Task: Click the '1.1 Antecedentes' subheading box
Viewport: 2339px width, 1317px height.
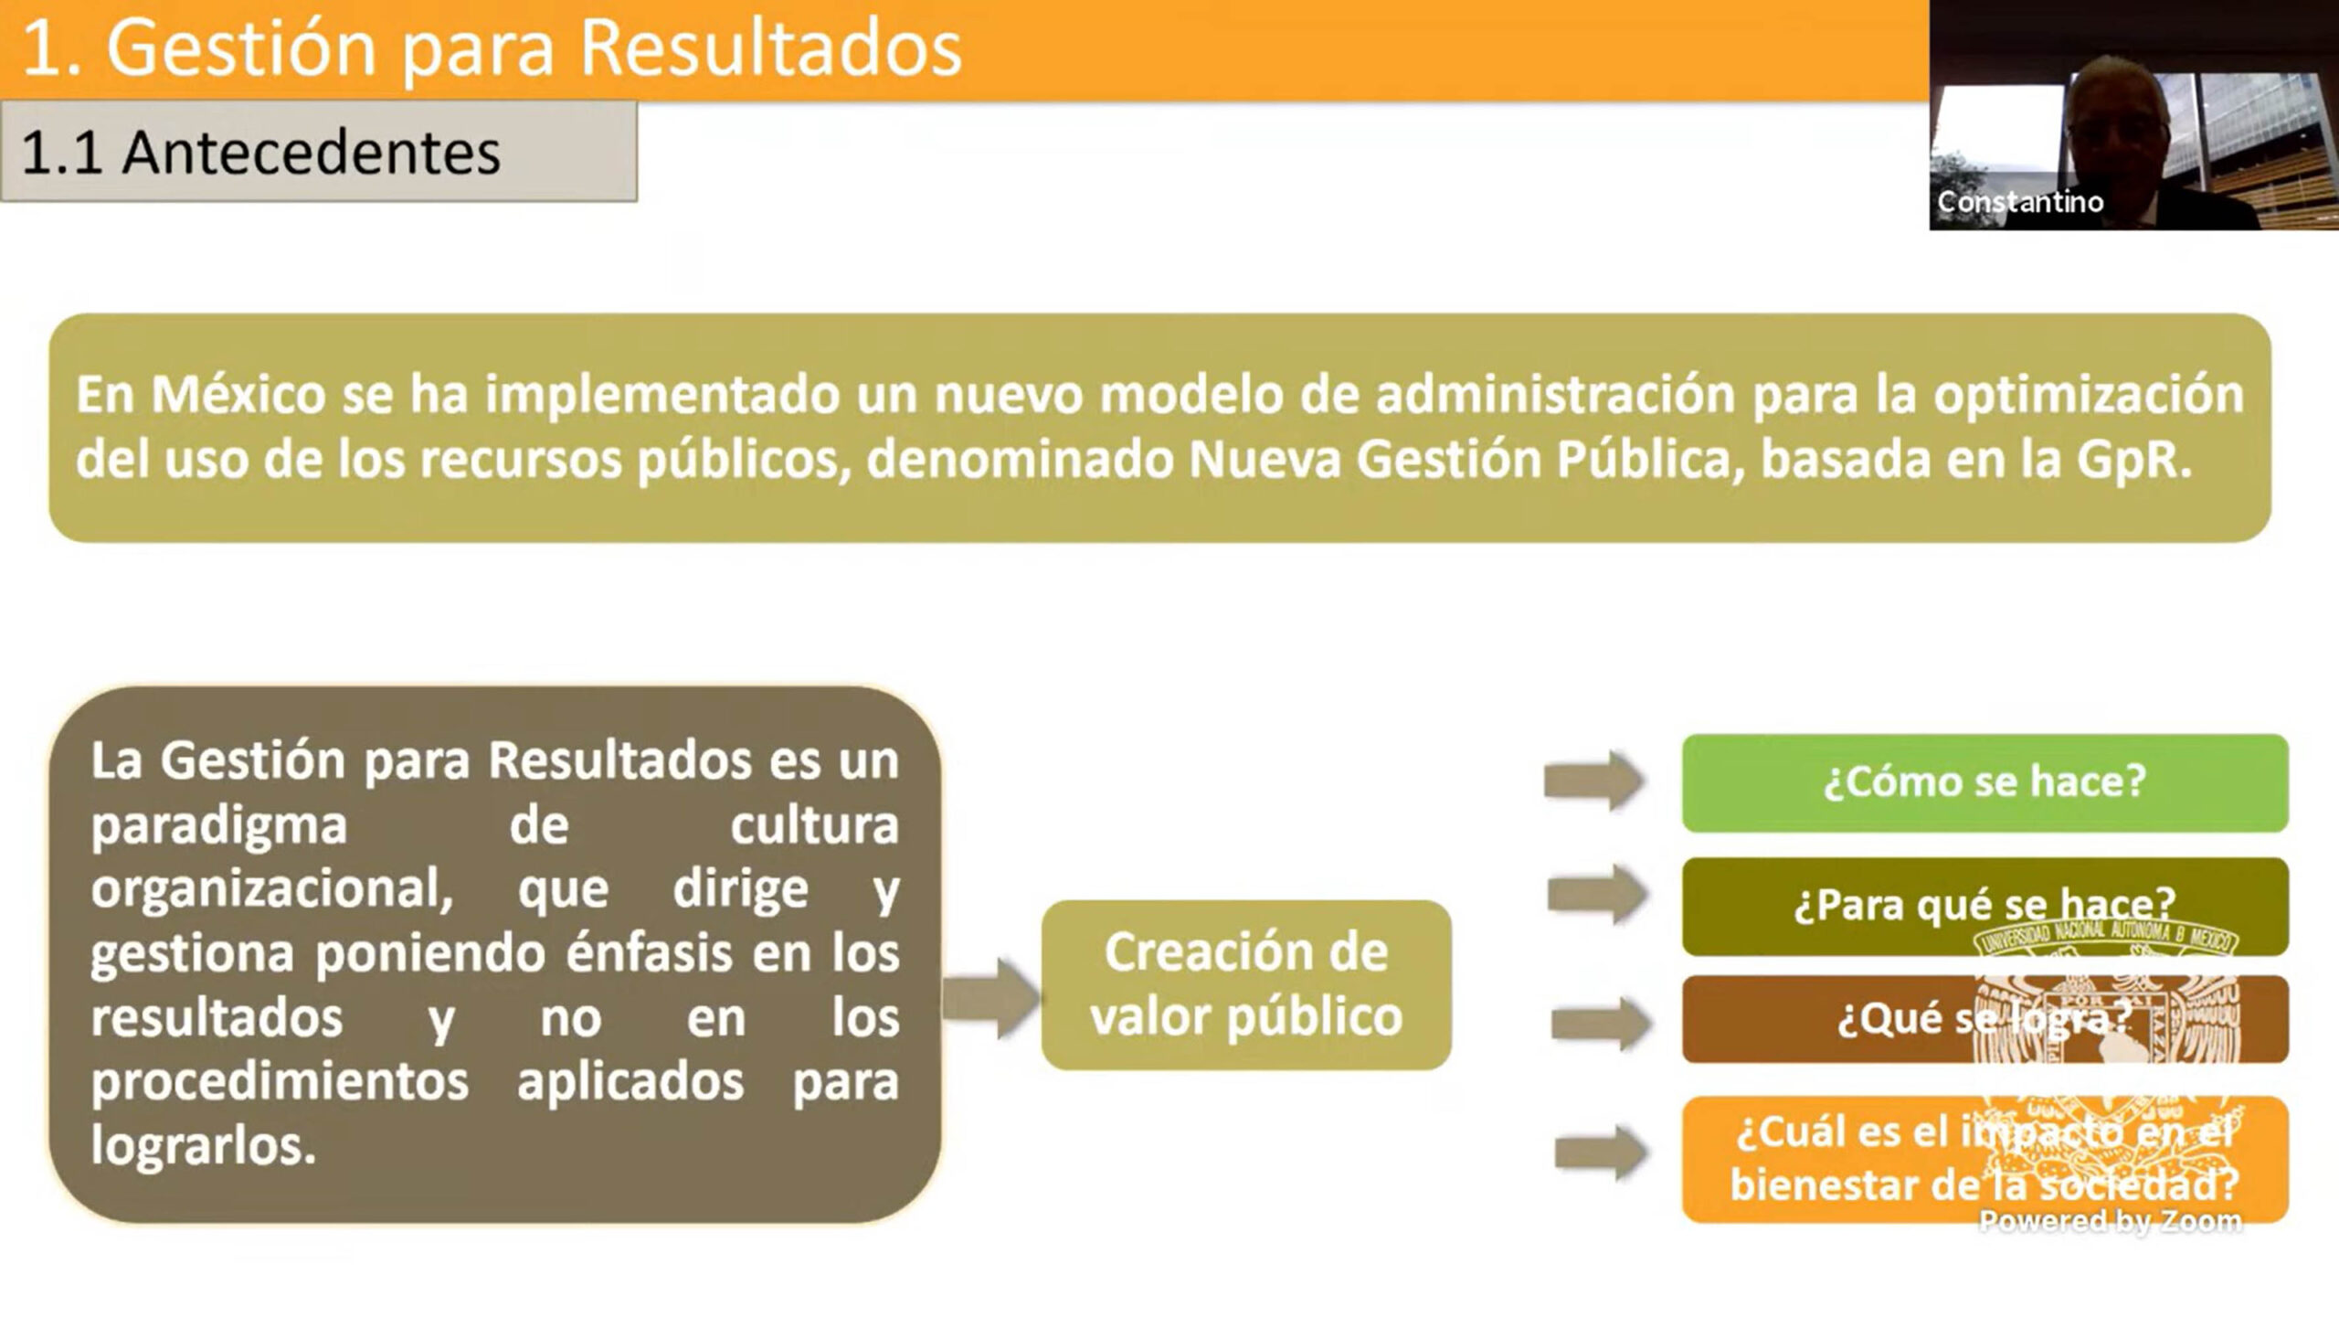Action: coord(319,151)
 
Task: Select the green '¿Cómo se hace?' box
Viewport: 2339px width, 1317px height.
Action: coord(1984,783)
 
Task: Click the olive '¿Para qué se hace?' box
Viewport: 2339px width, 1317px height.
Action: coord(1984,907)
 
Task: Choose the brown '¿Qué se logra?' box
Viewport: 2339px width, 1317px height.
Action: coord(1984,1019)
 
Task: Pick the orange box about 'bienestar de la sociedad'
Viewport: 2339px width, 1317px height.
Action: coord(1984,1160)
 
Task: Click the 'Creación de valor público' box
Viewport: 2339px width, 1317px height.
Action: coord(1246,985)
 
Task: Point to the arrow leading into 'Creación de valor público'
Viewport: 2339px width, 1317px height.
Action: coord(991,998)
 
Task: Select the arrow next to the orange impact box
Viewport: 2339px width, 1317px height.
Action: coord(1602,1153)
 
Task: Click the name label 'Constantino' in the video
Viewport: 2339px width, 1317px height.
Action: coord(2020,202)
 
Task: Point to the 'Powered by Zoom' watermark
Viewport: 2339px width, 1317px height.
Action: coord(2111,1221)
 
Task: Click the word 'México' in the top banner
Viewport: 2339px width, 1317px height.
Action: coord(238,396)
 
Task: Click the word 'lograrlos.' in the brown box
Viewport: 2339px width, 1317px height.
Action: coord(204,1146)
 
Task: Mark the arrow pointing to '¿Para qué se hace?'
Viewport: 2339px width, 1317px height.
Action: coord(1598,894)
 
